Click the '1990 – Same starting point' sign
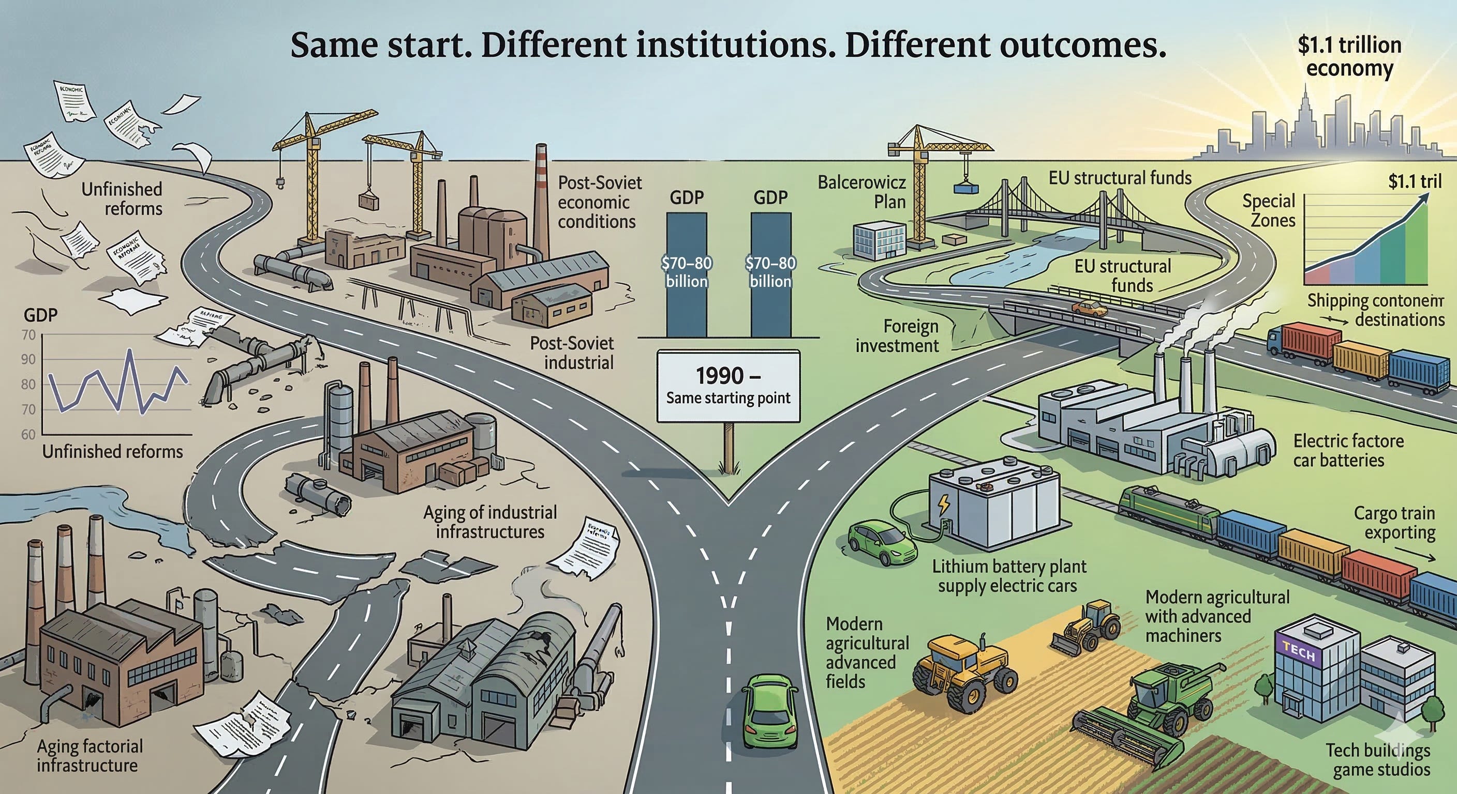pyautogui.click(x=728, y=386)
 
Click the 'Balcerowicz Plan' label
pyautogui.click(x=861, y=192)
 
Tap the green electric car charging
pyautogui.click(x=882, y=544)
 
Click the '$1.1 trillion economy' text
pyautogui.click(x=1349, y=56)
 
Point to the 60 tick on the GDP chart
pyautogui.click(x=28, y=435)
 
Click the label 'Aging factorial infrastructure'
pyautogui.click(x=90, y=756)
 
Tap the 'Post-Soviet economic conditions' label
pyautogui.click(x=599, y=202)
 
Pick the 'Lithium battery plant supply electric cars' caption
pyautogui.click(x=1008, y=576)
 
